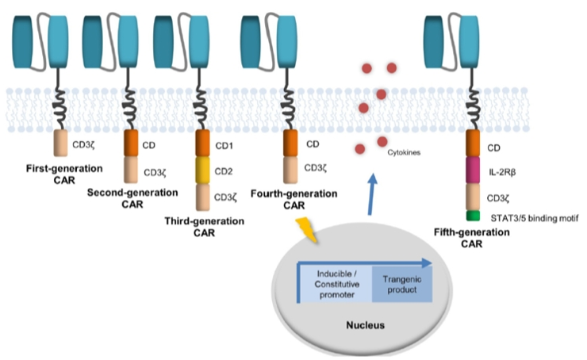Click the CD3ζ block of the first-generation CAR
(x=62, y=144)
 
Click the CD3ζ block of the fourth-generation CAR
(x=291, y=168)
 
